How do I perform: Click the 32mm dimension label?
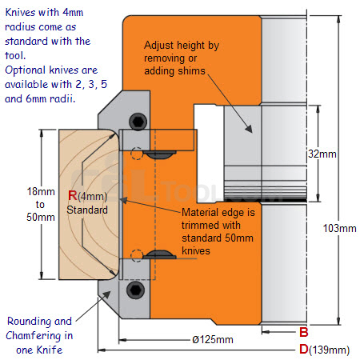point(322,154)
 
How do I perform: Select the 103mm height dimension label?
point(339,229)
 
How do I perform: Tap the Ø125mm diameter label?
point(213,340)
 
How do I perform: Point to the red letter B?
point(304,332)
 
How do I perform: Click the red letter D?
point(304,349)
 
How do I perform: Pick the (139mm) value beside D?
point(330,350)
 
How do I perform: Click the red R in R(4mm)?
point(73,195)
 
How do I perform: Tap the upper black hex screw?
point(138,122)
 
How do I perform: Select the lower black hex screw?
point(135,290)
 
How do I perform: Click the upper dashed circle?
point(137,154)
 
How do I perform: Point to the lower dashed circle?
point(137,255)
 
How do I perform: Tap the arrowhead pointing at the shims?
point(250,129)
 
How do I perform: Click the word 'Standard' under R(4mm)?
point(87,210)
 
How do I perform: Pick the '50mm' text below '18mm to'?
point(41,217)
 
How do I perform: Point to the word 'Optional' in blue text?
point(26,70)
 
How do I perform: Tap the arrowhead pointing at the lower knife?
point(106,295)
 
